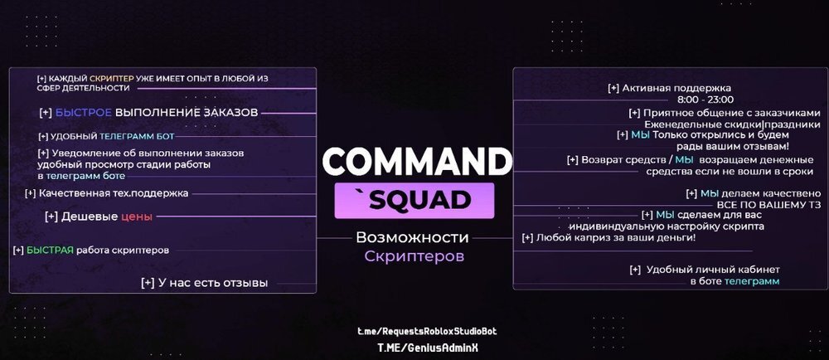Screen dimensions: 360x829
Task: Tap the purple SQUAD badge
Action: [415, 199]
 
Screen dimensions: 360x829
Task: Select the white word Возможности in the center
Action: [412, 237]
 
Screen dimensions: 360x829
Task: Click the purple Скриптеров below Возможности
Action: [414, 256]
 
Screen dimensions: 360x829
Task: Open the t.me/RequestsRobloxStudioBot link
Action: [427, 331]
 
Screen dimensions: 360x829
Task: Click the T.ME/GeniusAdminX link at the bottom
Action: [421, 348]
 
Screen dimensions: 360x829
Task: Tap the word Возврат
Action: [602, 160]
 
